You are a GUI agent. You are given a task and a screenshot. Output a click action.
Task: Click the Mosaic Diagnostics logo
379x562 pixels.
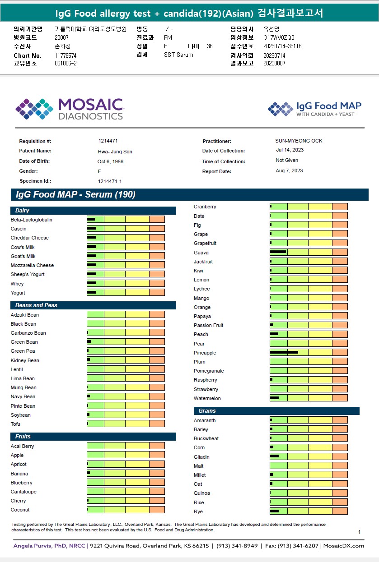(69, 109)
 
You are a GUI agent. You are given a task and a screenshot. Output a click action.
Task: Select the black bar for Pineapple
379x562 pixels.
(284, 352)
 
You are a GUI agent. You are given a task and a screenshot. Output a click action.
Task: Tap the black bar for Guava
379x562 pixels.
(278, 252)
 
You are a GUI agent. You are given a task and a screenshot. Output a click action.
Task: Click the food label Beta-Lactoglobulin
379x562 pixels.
(32, 220)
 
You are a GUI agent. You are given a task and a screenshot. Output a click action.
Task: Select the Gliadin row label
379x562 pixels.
(201, 457)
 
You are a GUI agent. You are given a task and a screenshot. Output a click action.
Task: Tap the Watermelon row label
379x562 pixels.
(207, 398)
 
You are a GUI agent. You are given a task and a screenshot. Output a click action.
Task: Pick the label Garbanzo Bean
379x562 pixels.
(28, 333)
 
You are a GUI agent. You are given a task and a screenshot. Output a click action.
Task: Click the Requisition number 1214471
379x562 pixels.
(108, 141)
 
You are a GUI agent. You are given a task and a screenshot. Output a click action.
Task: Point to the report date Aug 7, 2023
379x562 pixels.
(289, 170)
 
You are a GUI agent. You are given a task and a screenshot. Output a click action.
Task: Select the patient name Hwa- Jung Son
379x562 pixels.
(115, 152)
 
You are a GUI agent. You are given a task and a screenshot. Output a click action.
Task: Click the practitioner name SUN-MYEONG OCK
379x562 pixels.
(299, 141)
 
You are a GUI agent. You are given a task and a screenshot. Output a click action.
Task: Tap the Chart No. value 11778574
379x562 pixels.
(66, 55)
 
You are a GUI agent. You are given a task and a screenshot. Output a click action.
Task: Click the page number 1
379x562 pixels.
(359, 532)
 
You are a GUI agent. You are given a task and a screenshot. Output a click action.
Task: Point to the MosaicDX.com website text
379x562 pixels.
(343, 546)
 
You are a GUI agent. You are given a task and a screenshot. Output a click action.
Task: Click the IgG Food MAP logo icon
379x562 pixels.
(280, 109)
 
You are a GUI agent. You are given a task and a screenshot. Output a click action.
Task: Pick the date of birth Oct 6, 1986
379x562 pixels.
(110, 161)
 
